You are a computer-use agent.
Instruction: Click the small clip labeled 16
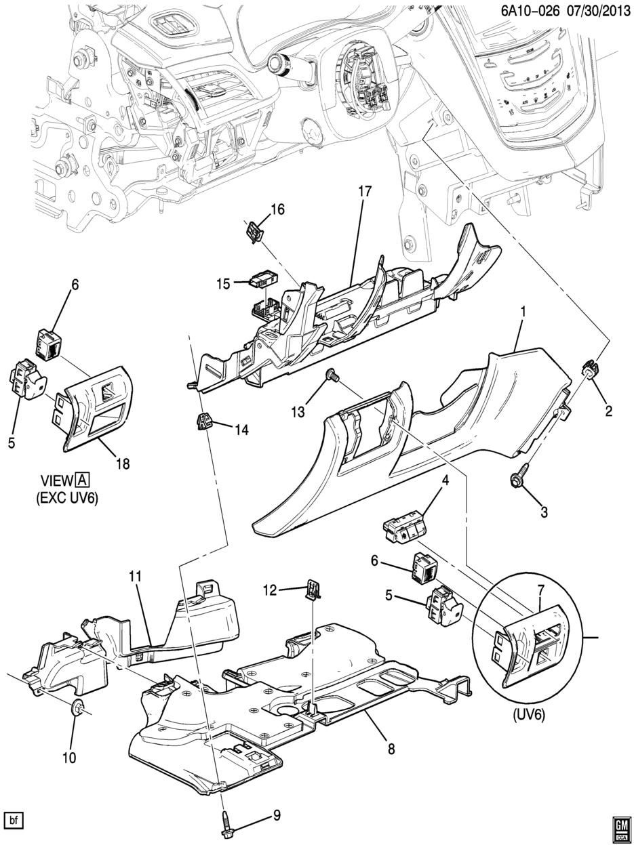[254, 232]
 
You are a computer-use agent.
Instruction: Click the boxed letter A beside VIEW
[83, 480]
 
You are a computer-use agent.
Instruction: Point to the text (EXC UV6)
[67, 499]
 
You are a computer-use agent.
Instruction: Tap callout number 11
[136, 576]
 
